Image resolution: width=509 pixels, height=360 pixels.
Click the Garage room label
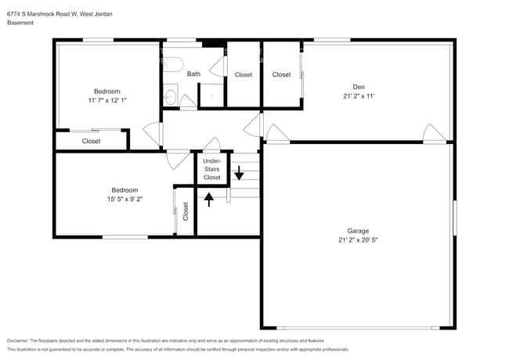tap(358, 231)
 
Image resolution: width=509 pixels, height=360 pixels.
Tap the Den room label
tap(359, 87)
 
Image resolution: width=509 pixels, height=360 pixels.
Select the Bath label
tap(193, 74)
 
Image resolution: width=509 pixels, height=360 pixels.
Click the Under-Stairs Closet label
tap(211, 169)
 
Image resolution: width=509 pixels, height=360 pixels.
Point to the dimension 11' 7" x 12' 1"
tap(107, 100)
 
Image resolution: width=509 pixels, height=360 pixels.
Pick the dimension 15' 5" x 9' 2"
tap(125, 199)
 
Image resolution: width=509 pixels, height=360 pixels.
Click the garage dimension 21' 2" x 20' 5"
tap(358, 240)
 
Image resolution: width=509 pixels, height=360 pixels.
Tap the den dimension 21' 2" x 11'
tap(359, 96)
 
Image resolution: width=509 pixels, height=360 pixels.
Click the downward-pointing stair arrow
tap(239, 173)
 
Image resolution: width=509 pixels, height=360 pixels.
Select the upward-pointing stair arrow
tap(209, 200)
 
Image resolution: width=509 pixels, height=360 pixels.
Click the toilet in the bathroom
tap(173, 64)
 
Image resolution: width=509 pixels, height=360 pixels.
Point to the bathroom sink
tap(170, 96)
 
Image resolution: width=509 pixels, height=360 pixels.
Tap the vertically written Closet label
tap(186, 211)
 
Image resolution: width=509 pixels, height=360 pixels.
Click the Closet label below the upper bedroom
tap(91, 141)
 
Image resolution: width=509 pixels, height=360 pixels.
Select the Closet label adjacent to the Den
tap(281, 74)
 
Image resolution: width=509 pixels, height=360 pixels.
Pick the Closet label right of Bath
tap(244, 74)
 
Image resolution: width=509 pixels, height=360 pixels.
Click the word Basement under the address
tap(20, 23)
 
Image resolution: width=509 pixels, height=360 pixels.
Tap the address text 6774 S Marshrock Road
tap(42, 14)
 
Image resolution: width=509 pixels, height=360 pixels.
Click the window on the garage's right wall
tap(455, 218)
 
